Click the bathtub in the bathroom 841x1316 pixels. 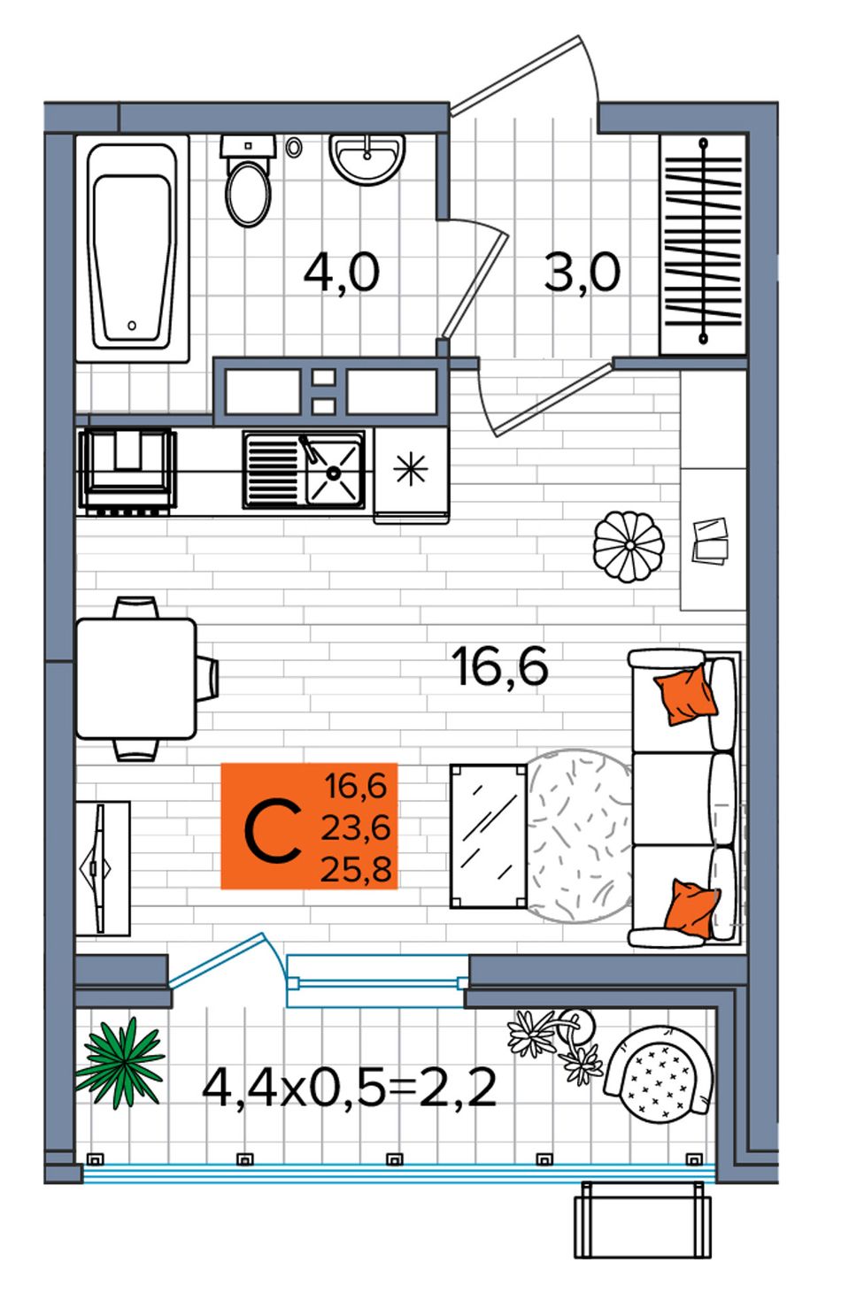(132, 248)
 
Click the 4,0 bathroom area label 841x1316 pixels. (342, 272)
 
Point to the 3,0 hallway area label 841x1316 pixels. (582, 272)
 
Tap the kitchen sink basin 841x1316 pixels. (333, 470)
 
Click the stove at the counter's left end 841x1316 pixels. (127, 469)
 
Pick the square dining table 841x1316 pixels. (135, 678)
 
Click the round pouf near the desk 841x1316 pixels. (629, 546)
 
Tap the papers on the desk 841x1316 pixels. (710, 541)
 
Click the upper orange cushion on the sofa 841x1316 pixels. (685, 695)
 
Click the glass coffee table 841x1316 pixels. (489, 835)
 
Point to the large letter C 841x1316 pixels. (272, 832)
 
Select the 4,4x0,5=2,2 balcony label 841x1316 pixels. (350, 1088)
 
